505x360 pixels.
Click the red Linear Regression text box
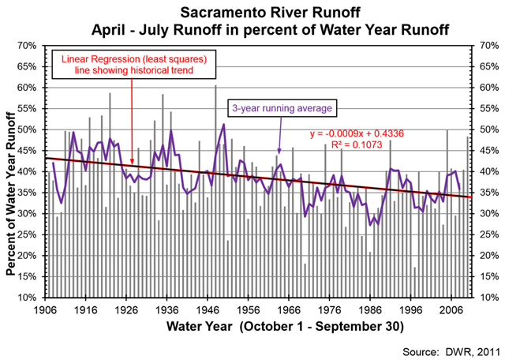[x=131, y=66]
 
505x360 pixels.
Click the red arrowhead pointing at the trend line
[x=131, y=161]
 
